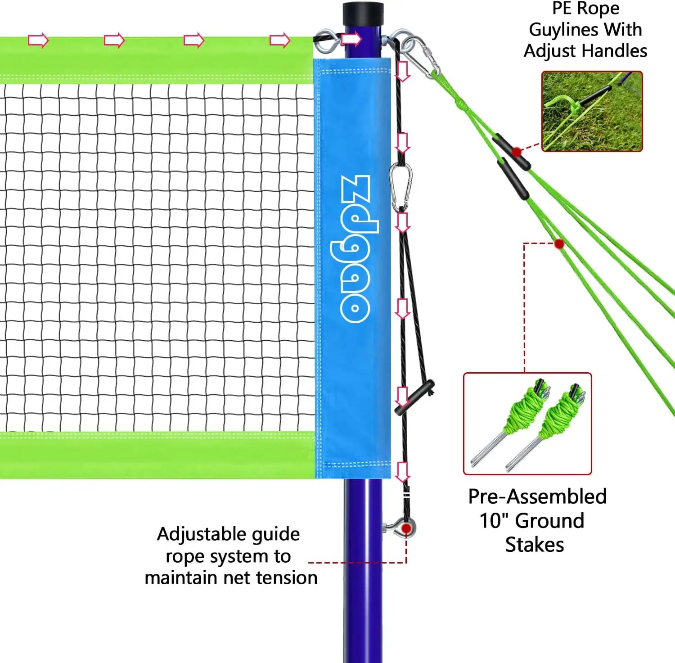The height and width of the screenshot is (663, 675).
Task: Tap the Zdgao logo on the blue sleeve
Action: [355, 248]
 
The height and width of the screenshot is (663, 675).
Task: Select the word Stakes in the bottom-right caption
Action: [535, 545]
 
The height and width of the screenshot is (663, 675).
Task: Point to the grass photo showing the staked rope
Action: [592, 111]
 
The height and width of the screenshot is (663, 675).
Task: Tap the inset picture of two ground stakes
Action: [527, 424]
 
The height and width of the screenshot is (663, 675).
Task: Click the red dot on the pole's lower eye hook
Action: [406, 528]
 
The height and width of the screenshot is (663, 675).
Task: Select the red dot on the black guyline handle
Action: [517, 152]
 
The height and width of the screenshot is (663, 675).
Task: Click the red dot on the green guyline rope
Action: [559, 244]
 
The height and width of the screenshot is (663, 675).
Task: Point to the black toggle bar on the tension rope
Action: [414, 397]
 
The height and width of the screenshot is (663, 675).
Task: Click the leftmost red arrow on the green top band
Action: [38, 40]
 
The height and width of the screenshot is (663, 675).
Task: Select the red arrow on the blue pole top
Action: [351, 39]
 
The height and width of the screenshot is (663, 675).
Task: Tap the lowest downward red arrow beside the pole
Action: [402, 472]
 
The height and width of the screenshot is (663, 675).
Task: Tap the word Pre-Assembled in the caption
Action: [537, 496]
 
